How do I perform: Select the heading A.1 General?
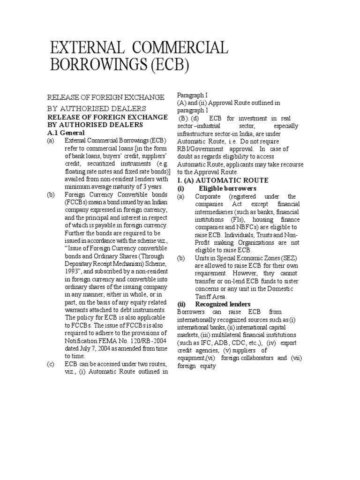[66, 133]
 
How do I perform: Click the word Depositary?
[83, 262]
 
